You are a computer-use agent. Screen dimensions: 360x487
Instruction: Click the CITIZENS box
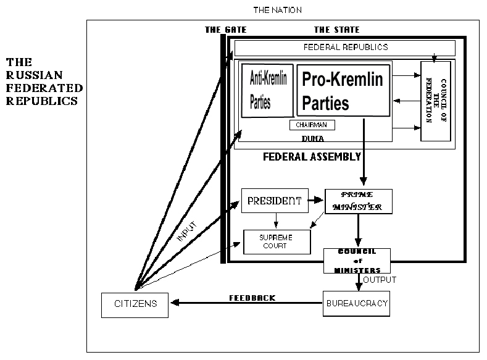[135, 304]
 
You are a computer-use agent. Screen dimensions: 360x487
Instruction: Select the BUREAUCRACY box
[357, 304]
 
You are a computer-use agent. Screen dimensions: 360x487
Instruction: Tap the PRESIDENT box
[274, 201]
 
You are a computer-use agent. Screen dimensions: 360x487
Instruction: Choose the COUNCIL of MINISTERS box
[357, 261]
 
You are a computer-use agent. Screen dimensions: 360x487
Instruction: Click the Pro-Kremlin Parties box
[343, 90]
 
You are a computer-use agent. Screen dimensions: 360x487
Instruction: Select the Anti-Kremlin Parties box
[267, 90]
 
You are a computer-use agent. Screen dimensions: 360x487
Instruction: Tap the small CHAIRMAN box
[312, 125]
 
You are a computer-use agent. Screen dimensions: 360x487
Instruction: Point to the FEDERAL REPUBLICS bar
[345, 48]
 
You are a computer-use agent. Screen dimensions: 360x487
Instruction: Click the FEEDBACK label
[252, 298]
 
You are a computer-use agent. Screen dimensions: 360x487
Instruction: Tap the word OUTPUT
[380, 280]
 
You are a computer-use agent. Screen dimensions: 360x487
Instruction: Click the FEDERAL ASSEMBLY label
[312, 157]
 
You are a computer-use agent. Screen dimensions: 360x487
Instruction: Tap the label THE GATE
[225, 30]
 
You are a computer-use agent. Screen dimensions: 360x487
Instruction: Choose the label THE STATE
[336, 30]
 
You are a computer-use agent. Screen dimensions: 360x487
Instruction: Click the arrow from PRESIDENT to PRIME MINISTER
[315, 201]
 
